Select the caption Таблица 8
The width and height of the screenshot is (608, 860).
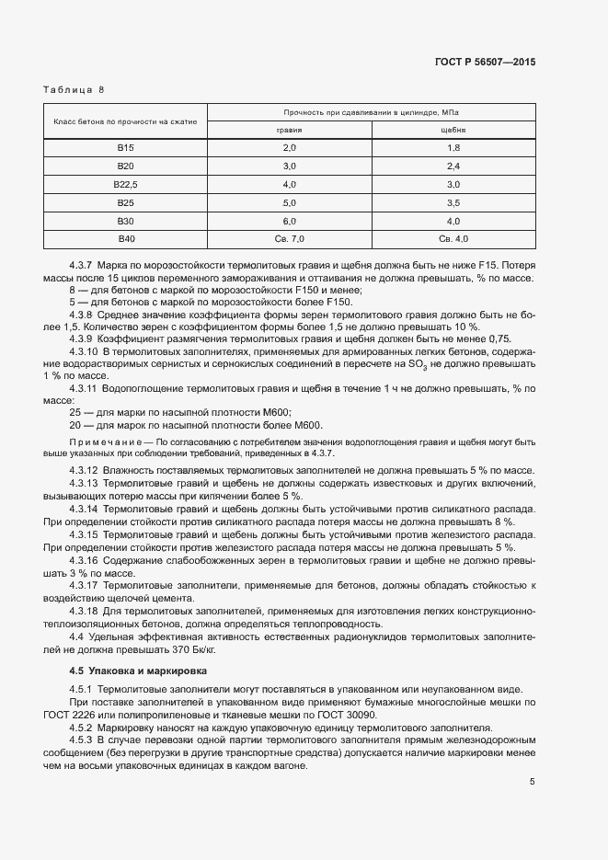click(74, 90)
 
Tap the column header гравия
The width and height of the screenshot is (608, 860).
click(290, 130)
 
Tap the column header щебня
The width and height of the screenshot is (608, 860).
click(453, 130)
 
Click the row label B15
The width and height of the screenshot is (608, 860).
click(125, 148)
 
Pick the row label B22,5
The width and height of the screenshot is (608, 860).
click(125, 184)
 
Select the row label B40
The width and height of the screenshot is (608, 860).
click(125, 239)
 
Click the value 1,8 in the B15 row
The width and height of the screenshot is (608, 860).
click(453, 148)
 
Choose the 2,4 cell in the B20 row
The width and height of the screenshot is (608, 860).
click(453, 166)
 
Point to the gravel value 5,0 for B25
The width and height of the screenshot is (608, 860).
click(290, 202)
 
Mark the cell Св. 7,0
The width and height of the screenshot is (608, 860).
click(290, 239)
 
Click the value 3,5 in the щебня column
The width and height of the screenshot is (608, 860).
click(453, 202)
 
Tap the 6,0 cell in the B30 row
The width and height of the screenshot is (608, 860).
click(290, 221)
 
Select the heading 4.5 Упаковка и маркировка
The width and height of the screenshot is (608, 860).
click(138, 671)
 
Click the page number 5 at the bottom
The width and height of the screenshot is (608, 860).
click(533, 782)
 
